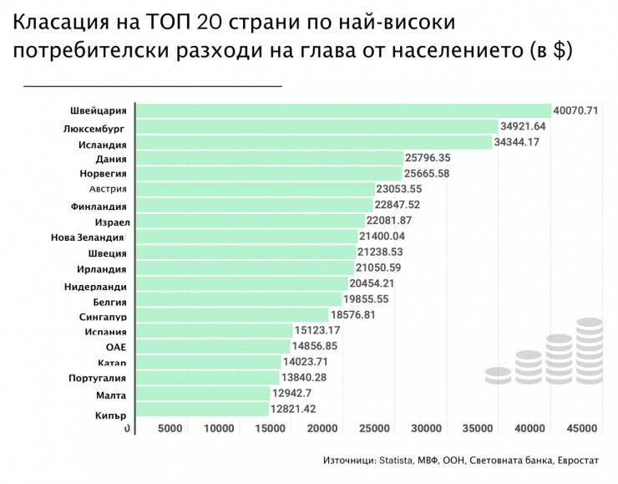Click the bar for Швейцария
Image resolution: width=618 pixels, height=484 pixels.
tap(342, 110)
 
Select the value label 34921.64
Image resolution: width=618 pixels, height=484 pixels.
tap(523, 126)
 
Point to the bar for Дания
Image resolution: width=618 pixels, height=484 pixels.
tap(267, 158)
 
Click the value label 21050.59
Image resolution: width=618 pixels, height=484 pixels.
tap(380, 268)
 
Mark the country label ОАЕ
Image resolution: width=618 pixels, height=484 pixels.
tap(116, 347)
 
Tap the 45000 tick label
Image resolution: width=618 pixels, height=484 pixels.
tap(581, 428)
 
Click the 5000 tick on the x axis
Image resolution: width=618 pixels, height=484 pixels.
tap(170, 428)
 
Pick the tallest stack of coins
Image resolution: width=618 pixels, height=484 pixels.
tap(590, 351)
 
